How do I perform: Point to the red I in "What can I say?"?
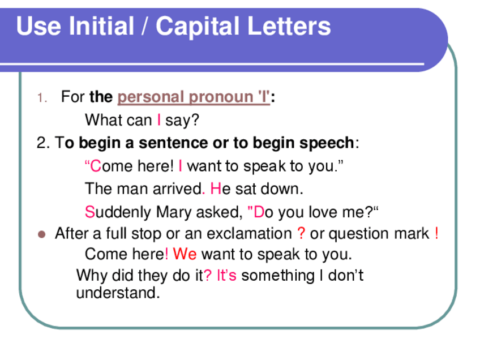pyautogui.click(x=159, y=121)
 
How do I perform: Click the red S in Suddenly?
pyautogui.click(x=89, y=212)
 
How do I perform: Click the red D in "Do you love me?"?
pyautogui.click(x=259, y=212)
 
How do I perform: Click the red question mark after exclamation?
pyautogui.click(x=301, y=234)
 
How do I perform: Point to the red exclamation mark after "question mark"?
pyautogui.click(x=436, y=234)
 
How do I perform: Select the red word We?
pyautogui.click(x=185, y=254)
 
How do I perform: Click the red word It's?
pyautogui.click(x=227, y=276)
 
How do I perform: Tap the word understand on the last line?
pyautogui.click(x=118, y=293)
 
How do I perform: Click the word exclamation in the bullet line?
pyautogui.click(x=248, y=234)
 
